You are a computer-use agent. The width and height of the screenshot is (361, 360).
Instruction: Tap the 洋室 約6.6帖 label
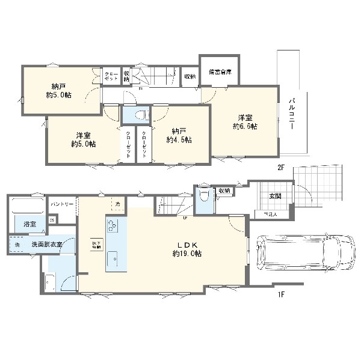pos(245,121)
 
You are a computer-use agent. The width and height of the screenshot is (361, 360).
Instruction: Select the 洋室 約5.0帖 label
pos(83,139)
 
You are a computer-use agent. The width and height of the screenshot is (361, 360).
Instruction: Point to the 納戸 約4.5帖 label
pos(179,135)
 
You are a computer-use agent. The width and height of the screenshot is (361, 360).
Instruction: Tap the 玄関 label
pos(274,195)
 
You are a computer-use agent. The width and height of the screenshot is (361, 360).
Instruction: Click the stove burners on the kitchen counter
pos(112,226)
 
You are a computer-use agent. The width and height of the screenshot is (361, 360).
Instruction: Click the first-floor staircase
pos(173,206)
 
